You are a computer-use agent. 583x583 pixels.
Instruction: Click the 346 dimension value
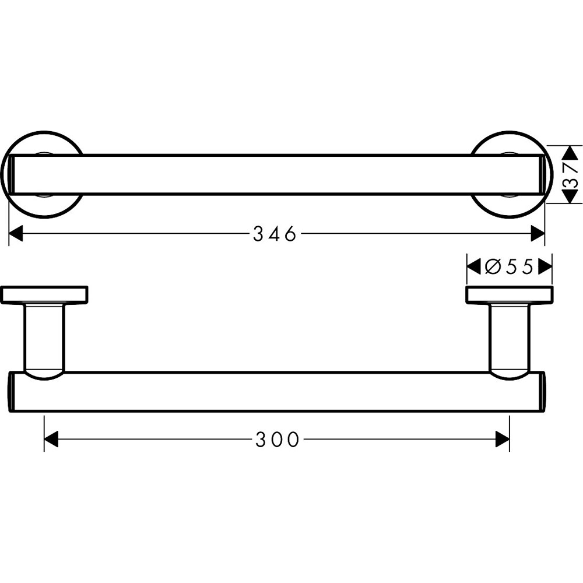275,234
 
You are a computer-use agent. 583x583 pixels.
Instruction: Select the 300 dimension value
277,439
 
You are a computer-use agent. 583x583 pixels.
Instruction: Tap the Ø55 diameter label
510,266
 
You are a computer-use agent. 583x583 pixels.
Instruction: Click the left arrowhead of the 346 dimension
16,234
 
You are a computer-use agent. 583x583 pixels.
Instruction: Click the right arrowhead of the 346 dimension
537,234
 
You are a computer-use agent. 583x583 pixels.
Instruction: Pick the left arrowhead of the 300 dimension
51,439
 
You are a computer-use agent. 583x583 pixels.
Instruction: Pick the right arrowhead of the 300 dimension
502,439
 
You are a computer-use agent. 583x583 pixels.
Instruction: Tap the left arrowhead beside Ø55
473,266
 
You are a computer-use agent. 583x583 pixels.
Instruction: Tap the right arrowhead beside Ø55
545,266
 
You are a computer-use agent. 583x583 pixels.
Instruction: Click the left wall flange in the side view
44,294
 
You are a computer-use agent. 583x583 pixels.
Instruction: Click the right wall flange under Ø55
509,294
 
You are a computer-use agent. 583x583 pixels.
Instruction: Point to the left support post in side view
44,338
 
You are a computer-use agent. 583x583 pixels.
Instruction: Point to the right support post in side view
509,338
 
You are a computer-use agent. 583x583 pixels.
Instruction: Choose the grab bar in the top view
277,175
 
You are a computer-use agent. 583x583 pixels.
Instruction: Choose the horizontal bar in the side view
277,392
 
